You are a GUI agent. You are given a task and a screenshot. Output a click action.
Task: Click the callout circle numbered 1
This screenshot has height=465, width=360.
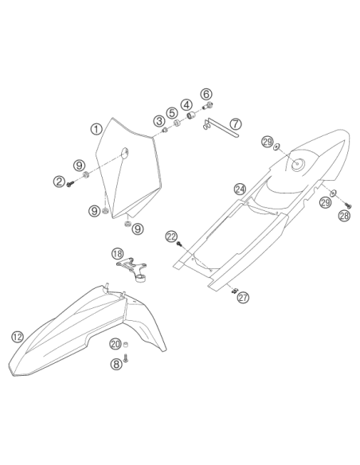tap(96, 129)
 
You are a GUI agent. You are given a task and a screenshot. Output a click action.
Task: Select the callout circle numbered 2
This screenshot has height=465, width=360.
tap(59, 182)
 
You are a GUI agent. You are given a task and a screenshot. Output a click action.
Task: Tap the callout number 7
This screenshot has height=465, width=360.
tap(236, 123)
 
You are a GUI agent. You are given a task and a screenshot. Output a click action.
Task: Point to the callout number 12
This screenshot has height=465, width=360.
tap(18, 337)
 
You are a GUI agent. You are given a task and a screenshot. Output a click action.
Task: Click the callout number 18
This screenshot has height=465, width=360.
tap(117, 254)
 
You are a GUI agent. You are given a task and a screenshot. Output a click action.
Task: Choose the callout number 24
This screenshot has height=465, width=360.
tap(240, 189)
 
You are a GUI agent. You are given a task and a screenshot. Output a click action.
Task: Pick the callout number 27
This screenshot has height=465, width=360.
tap(243, 298)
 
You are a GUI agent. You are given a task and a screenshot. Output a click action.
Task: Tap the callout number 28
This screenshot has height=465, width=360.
tap(344, 216)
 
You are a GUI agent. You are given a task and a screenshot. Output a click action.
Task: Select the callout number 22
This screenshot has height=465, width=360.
tap(171, 236)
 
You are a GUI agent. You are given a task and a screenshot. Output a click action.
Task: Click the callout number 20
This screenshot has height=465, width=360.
tap(115, 344)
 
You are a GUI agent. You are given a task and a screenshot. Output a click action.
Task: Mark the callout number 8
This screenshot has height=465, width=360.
tap(116, 364)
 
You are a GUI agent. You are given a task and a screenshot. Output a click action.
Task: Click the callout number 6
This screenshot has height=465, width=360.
tap(206, 94)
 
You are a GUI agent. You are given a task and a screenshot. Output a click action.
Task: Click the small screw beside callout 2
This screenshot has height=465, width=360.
tap(70, 185)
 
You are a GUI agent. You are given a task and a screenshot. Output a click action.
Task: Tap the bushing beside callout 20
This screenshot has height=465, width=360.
tap(126, 345)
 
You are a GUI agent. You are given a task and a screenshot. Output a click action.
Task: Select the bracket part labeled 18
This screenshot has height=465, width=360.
tap(133, 270)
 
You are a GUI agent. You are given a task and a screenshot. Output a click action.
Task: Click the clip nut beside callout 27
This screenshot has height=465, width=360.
tap(234, 291)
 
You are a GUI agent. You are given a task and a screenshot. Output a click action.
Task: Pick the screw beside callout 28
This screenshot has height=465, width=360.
tap(348, 205)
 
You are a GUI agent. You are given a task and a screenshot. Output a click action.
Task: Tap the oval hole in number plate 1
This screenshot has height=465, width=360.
tap(125, 152)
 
